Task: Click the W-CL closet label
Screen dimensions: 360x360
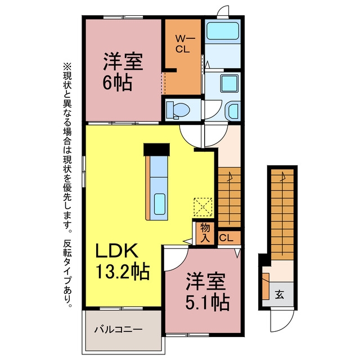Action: pyautogui.click(x=183, y=44)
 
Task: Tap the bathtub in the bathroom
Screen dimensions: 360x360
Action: pyautogui.click(x=223, y=31)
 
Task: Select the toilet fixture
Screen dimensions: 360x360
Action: pyautogui.click(x=178, y=110)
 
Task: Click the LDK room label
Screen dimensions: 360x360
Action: pyautogui.click(x=116, y=250)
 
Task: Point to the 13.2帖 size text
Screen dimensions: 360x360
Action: pyautogui.click(x=123, y=271)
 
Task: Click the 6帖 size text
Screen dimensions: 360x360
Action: pyautogui.click(x=117, y=82)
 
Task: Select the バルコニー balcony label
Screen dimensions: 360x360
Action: pyautogui.click(x=119, y=330)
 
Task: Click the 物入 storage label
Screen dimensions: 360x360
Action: pyautogui.click(x=205, y=233)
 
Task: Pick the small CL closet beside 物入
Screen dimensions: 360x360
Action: pyautogui.click(x=229, y=238)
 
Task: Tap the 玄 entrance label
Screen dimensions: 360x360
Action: pyautogui.click(x=280, y=294)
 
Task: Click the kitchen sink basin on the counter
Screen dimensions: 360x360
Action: pyautogui.click(x=160, y=204)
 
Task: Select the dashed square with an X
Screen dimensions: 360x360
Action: pyautogui.click(x=203, y=206)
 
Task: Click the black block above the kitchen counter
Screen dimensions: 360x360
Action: pyautogui.click(x=156, y=150)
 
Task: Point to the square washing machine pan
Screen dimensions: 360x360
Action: pyautogui.click(x=229, y=83)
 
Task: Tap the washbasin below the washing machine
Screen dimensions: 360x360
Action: pyautogui.click(x=232, y=111)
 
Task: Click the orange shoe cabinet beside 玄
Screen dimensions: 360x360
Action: pyautogui.click(x=265, y=286)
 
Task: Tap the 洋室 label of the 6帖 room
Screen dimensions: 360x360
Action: pyautogui.click(x=123, y=61)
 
